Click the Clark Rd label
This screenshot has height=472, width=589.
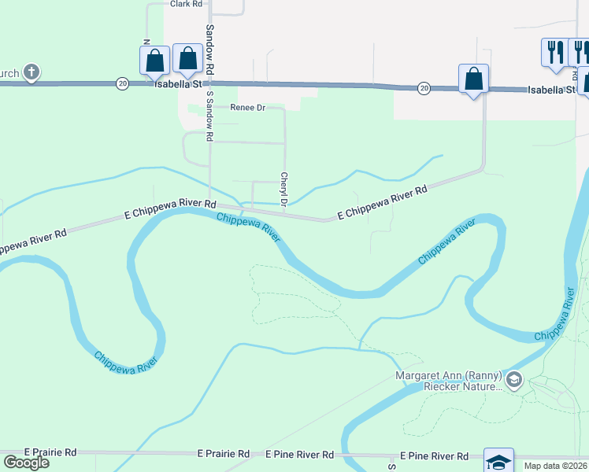click(x=182, y=4)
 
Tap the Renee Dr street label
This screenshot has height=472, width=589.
click(x=247, y=108)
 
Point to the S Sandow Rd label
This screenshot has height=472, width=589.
click(x=210, y=116)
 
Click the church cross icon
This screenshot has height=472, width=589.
click(x=31, y=73)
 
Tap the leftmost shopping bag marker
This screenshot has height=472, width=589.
click(x=155, y=60)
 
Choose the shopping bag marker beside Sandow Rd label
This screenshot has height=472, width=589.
click(x=187, y=57)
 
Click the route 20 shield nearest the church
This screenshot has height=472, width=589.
click(x=121, y=83)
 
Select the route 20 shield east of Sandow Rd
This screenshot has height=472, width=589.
click(x=424, y=87)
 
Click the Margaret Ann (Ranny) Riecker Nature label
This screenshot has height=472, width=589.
click(x=449, y=380)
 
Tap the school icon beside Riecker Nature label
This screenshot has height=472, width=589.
click(x=514, y=381)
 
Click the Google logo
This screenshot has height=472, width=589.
click(x=26, y=463)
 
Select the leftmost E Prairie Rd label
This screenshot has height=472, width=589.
click(x=50, y=452)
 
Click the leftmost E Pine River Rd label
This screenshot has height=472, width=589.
click(x=299, y=455)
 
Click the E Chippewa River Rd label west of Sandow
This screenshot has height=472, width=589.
click(x=170, y=208)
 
